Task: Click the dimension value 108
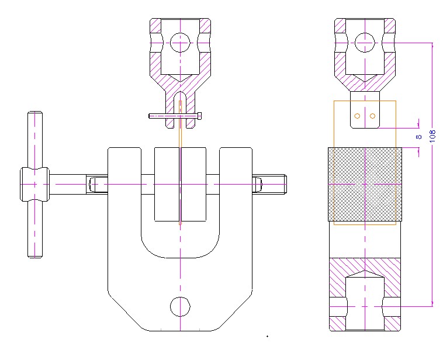coord(432,136)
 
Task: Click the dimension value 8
coord(418,137)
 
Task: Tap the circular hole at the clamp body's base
coord(180,307)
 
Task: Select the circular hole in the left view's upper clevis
coord(180,43)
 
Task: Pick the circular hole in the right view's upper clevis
coord(365,43)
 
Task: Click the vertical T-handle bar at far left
coord(35,185)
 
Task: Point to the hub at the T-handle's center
coord(34,184)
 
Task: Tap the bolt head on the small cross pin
coord(199,116)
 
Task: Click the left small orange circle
coord(357,116)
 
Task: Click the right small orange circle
coord(372,116)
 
